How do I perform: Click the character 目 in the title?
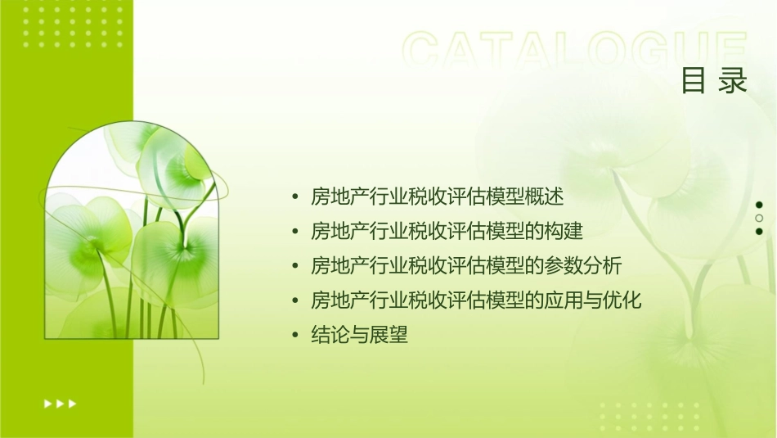coord(694,81)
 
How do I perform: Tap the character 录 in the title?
coord(734,81)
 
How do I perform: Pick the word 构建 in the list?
coord(566,232)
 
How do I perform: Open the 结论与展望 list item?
coord(360,335)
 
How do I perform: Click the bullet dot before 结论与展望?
coord(295,336)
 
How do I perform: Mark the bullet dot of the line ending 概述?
coord(295,198)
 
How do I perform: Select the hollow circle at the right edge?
coord(759,218)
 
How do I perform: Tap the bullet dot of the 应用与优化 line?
coord(295,301)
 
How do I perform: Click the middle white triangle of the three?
coord(60,404)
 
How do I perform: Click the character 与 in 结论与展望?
coord(360,335)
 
